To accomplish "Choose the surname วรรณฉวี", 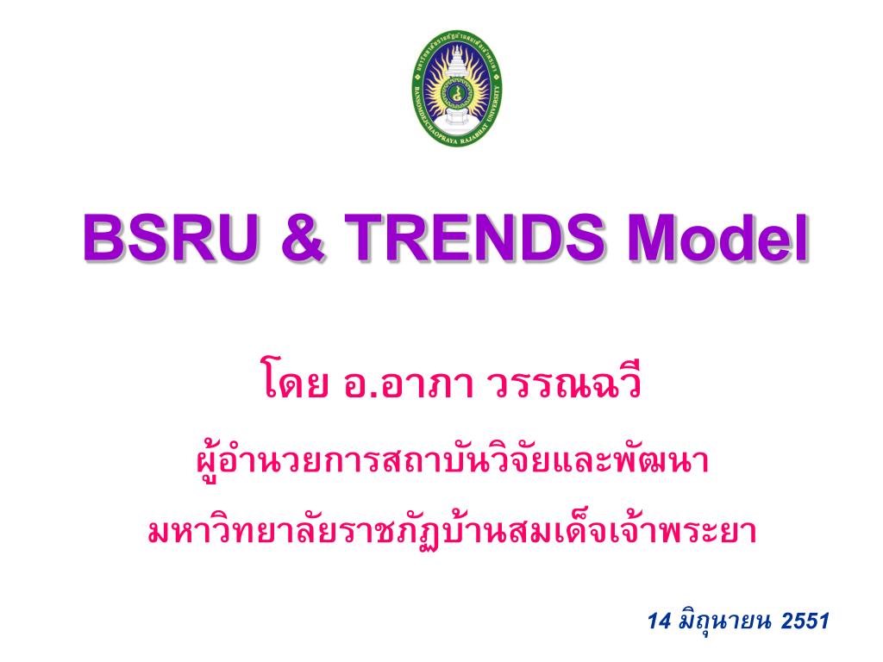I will [565, 382].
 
